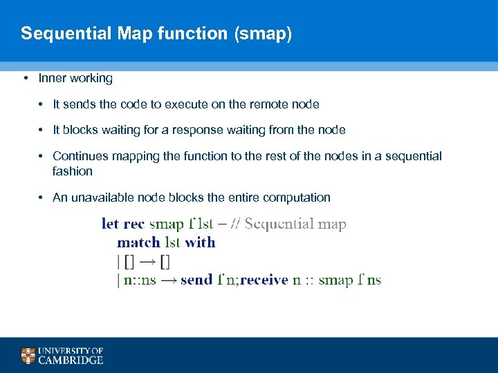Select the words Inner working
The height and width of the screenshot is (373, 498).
pyautogui.click(x=75, y=78)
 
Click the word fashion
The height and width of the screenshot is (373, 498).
pyautogui.click(x=72, y=171)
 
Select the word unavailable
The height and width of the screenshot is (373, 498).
pyautogui.click(x=102, y=198)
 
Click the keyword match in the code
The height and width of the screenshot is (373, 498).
pyautogui.click(x=138, y=242)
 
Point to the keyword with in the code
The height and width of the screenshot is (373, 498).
pyautogui.click(x=201, y=242)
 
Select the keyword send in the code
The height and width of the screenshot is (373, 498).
pyautogui.click(x=196, y=280)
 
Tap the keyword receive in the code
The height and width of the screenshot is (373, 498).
pyautogui.click(x=264, y=280)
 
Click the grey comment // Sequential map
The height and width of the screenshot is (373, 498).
pyautogui.click(x=295, y=224)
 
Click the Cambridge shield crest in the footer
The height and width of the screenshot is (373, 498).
pyautogui.click(x=28, y=356)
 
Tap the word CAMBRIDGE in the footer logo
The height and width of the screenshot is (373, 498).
pyautogui.click(x=71, y=360)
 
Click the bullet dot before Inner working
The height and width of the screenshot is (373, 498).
pyautogui.click(x=25, y=78)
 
